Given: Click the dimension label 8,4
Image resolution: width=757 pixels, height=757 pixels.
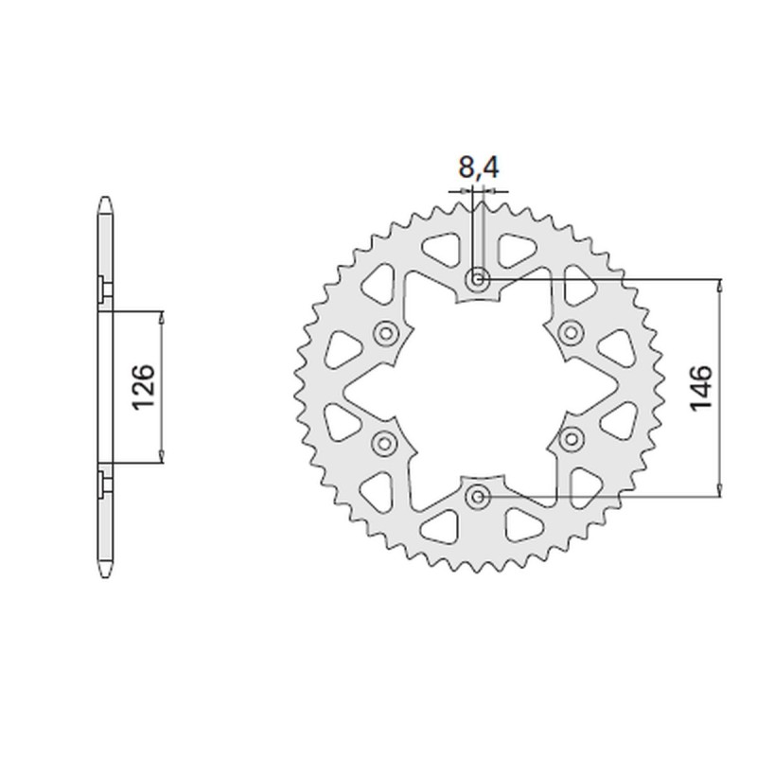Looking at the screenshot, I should coord(478,169).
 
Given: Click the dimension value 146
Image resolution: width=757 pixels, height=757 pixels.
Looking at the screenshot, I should coord(701,387).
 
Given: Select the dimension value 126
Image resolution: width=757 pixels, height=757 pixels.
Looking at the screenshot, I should coord(143,387).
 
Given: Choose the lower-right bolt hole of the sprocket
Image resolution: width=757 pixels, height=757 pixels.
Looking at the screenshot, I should coord(572,440).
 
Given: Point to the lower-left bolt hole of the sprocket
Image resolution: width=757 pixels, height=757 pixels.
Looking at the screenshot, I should coord(385,441).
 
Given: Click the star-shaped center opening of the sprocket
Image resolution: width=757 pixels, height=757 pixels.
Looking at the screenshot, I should coord(478,387).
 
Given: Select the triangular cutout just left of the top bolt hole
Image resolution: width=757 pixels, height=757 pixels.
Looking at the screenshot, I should coord(438,252).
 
